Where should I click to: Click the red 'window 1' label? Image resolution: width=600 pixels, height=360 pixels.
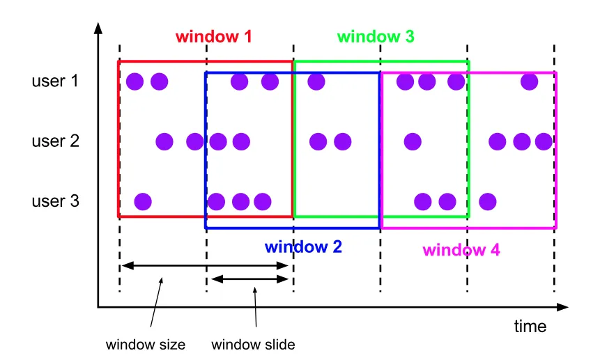point(213,37)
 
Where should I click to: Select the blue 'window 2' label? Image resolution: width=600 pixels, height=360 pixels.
point(303,246)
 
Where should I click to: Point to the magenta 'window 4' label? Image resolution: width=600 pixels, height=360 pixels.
point(461,250)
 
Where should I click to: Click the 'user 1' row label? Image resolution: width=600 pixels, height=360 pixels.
point(55,81)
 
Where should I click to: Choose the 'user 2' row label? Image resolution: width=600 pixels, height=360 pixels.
point(55,141)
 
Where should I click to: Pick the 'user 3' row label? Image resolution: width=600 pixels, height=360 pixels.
point(55,202)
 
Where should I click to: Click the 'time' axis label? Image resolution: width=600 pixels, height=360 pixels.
point(530,326)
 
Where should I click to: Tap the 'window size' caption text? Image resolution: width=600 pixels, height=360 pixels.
point(146,344)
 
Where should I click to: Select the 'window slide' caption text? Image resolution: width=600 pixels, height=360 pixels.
point(254,344)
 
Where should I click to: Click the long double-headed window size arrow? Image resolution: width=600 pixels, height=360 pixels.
point(205,265)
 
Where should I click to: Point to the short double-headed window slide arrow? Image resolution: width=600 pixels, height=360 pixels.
point(249,279)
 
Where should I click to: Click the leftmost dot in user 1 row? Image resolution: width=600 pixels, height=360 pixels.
point(135,81)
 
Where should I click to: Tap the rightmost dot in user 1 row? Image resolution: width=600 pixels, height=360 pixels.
point(529,81)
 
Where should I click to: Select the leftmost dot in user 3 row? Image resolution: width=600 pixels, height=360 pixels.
point(142,202)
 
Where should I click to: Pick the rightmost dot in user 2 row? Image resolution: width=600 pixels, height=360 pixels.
point(544,142)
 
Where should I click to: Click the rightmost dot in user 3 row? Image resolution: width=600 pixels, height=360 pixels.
point(487,202)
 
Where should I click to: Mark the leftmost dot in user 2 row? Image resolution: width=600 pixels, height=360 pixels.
point(164,142)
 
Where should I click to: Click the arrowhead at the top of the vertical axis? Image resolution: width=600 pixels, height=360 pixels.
point(98,29)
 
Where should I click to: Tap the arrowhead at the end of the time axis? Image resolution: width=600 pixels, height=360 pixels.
point(562,306)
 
